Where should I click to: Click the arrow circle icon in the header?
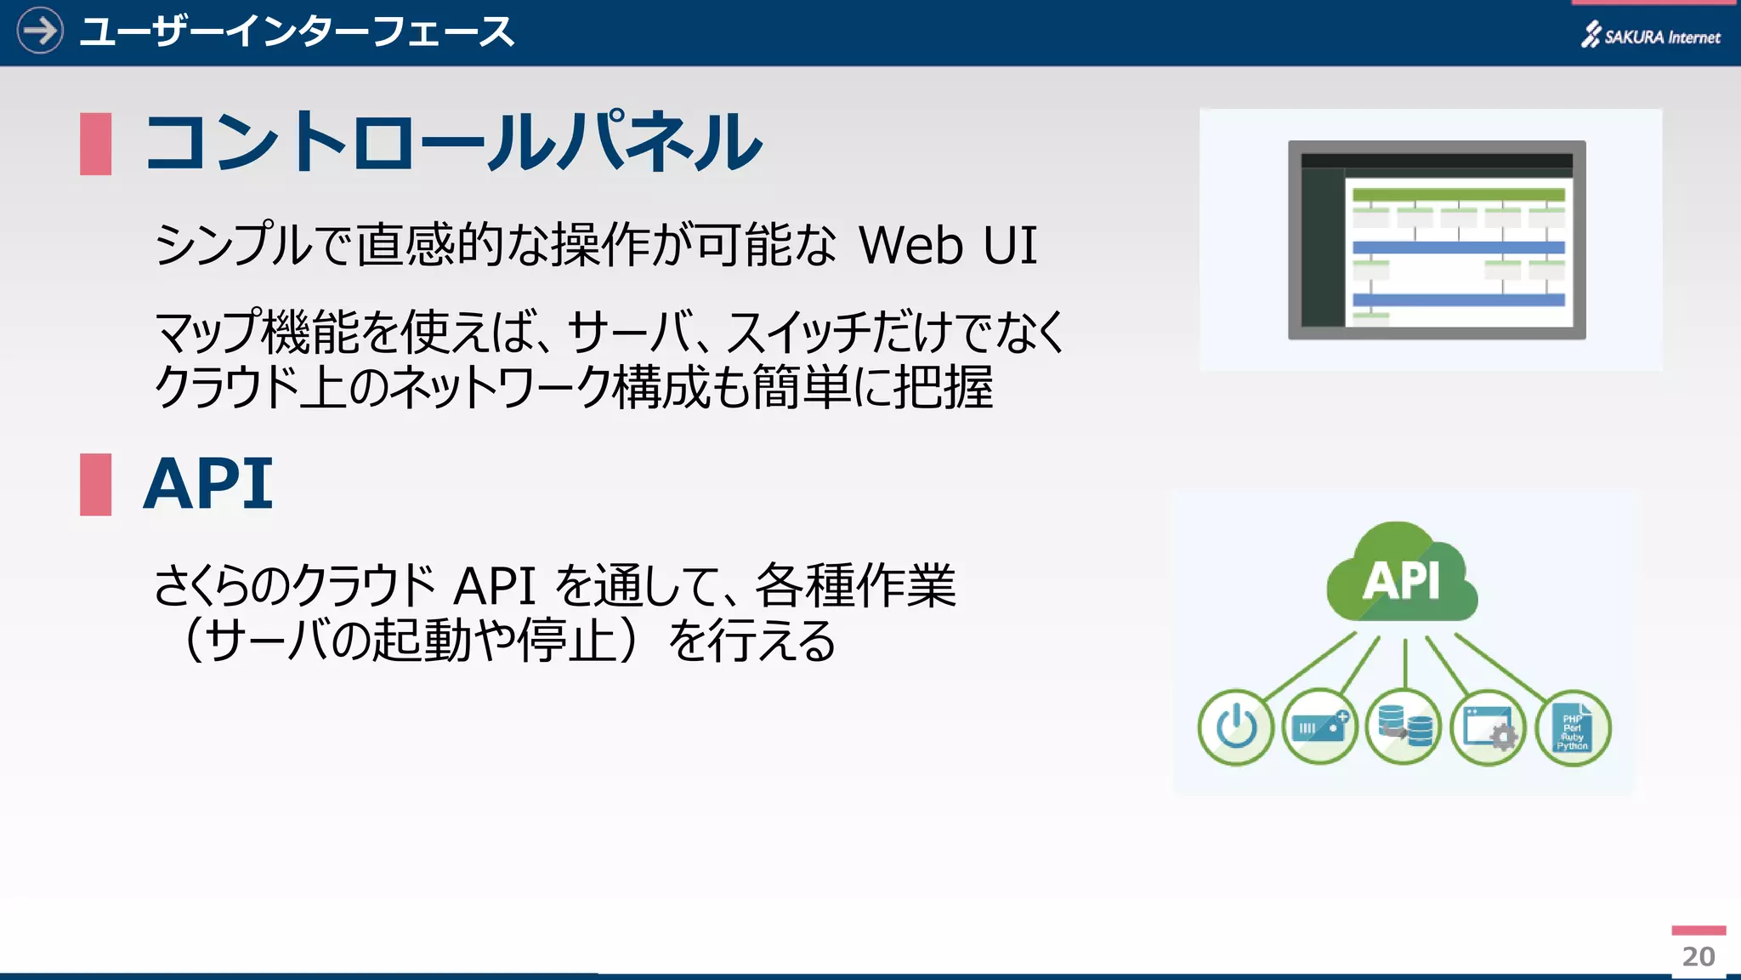point(40,31)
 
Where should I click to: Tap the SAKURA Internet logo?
point(1650,36)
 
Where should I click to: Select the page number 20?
point(1698,956)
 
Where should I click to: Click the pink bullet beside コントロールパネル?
point(95,144)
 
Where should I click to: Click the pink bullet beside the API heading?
point(95,484)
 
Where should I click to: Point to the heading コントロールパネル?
point(452,142)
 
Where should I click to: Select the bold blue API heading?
point(208,484)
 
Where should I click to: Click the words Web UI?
point(948,246)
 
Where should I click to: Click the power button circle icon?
point(1235,727)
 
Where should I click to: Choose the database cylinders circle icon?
point(1404,727)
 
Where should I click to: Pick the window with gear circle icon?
point(1488,727)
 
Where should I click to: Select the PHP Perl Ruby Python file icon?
point(1573,727)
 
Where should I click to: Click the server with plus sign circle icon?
point(1319,727)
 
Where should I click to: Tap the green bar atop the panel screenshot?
point(1458,195)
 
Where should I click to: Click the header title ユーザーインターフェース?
point(297,32)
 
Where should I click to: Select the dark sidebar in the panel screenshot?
point(1322,247)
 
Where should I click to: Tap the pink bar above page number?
point(1698,931)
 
